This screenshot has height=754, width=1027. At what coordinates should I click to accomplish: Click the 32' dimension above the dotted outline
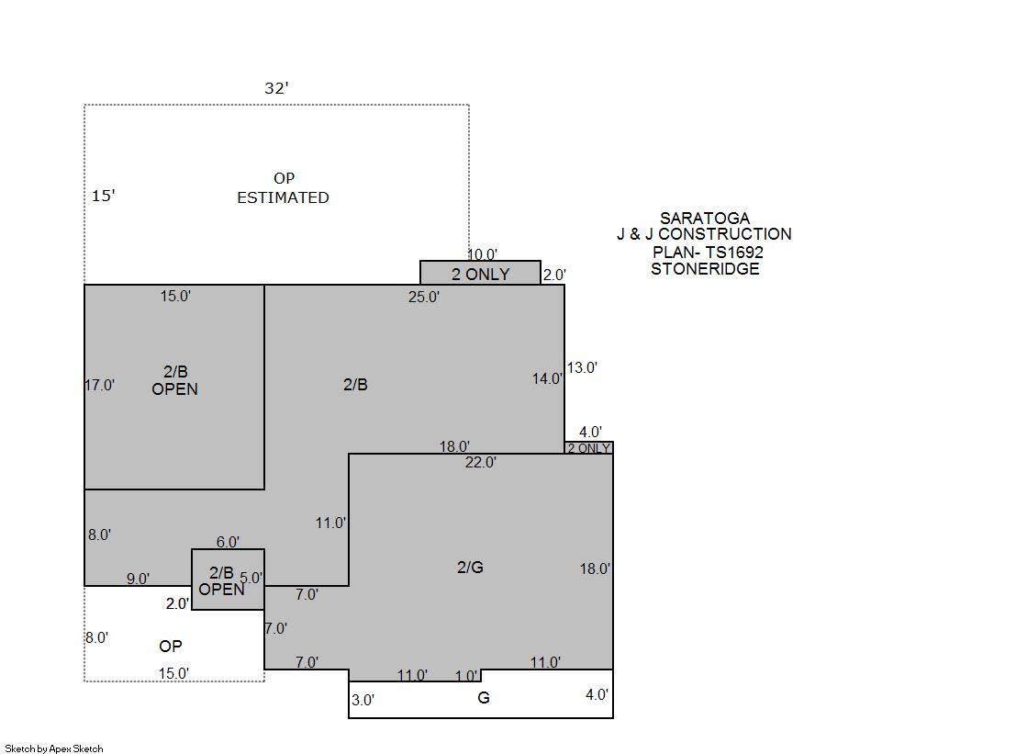pyautogui.click(x=276, y=88)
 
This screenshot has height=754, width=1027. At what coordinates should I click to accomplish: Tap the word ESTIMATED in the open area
pyautogui.click(x=283, y=197)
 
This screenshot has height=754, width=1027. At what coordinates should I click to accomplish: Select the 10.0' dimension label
pyautogui.click(x=483, y=254)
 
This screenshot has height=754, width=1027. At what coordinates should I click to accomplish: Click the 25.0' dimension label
pyautogui.click(x=424, y=297)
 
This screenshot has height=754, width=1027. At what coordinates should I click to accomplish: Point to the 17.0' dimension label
pyautogui.click(x=99, y=385)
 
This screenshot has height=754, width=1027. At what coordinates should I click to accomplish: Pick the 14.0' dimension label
pyautogui.click(x=547, y=378)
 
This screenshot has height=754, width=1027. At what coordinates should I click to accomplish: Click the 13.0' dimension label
pyautogui.click(x=582, y=368)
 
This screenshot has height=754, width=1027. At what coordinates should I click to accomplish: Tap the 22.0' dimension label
pyautogui.click(x=481, y=462)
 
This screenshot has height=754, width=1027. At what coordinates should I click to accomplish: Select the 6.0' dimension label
pyautogui.click(x=228, y=542)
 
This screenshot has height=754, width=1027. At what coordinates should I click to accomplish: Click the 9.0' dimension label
pyautogui.click(x=139, y=579)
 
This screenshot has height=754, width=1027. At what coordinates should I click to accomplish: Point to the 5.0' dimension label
pyautogui.click(x=251, y=578)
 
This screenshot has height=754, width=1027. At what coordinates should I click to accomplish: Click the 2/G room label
pyautogui.click(x=470, y=568)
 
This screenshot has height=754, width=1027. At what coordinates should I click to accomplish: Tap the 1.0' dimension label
pyautogui.click(x=467, y=675)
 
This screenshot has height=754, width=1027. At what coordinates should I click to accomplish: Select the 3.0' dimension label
pyautogui.click(x=363, y=700)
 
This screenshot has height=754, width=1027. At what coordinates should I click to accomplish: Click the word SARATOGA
pyautogui.click(x=705, y=218)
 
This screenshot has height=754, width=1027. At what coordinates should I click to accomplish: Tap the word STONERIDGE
pyautogui.click(x=706, y=269)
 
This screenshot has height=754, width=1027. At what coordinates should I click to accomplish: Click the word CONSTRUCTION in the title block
pyautogui.click(x=725, y=234)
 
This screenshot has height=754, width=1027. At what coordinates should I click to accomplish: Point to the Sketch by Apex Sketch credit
pyautogui.click(x=54, y=748)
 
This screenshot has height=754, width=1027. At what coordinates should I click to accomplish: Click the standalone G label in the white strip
pyautogui.click(x=484, y=698)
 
